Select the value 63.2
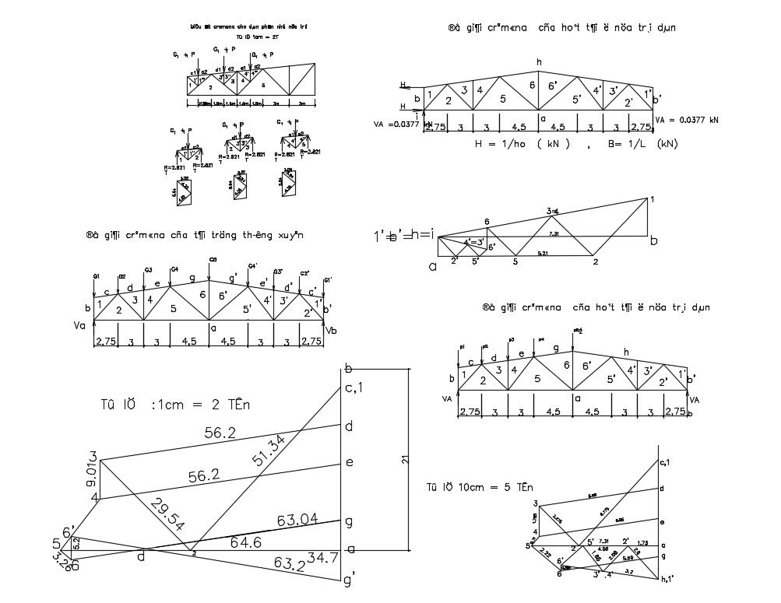290,563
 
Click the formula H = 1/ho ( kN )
522,144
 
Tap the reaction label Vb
334,331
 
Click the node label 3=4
554,210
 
